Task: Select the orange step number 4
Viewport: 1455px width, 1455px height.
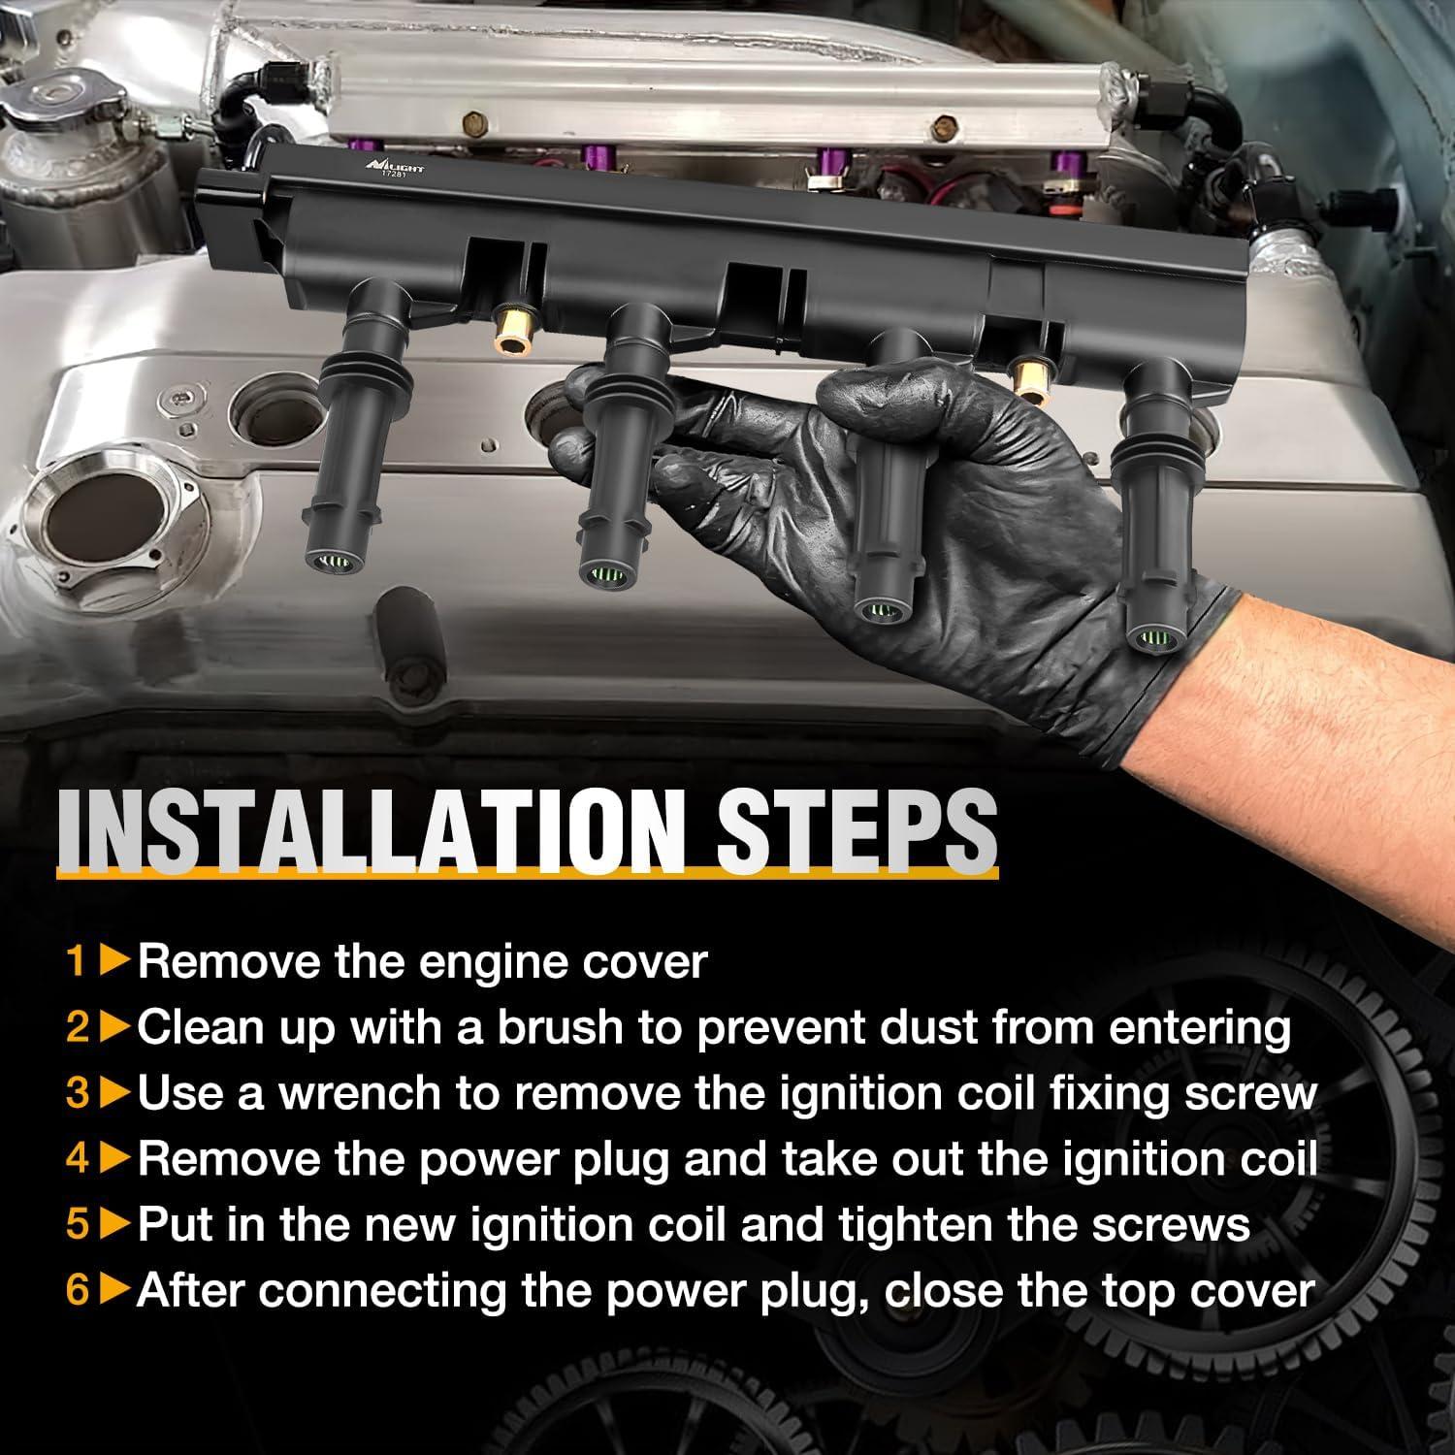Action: coord(77,1159)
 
